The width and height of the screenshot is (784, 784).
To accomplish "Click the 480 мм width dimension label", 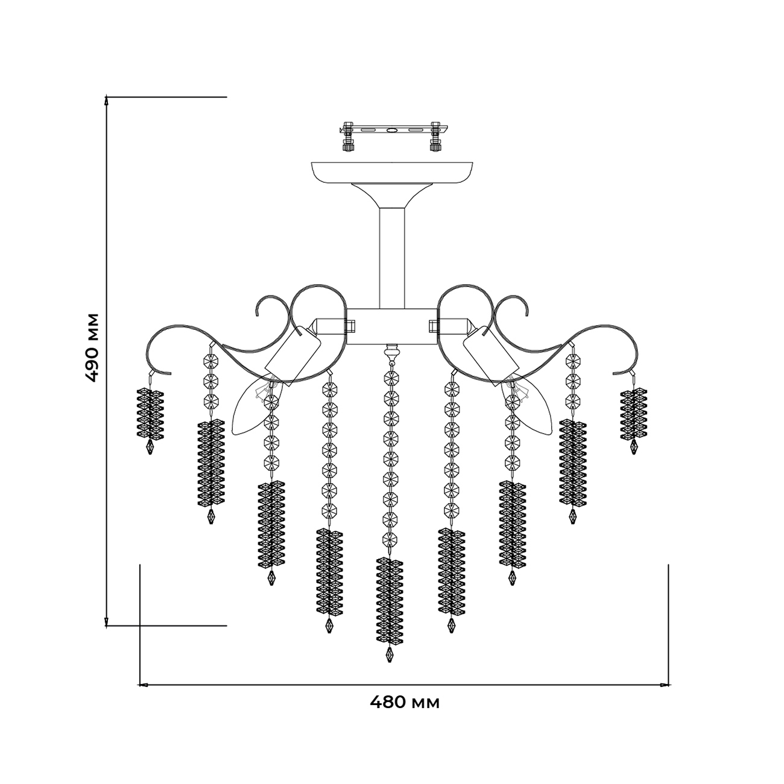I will coord(404,703).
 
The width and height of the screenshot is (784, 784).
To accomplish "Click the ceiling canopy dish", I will coord(392,172).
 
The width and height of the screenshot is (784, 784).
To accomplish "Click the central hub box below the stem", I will coord(392,326).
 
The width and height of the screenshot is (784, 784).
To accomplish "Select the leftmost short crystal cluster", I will coord(150,414).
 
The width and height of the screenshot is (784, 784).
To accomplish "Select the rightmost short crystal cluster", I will coord(634,414).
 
